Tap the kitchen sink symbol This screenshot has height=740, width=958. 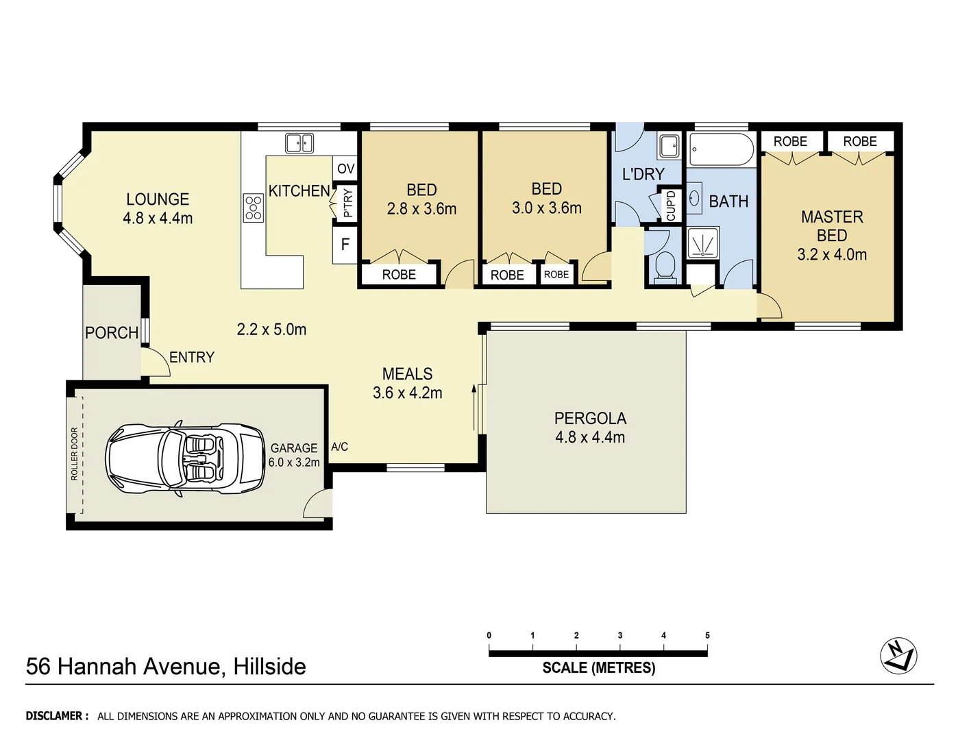(299, 143)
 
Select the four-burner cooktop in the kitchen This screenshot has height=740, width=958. (254, 208)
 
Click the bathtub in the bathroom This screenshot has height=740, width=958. (720, 149)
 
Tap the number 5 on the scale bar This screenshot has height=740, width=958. (707, 635)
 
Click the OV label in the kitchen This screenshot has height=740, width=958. (346, 169)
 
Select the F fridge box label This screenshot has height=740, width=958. (345, 245)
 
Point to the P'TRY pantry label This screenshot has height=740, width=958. (347, 203)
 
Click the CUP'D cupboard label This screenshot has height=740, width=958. (671, 205)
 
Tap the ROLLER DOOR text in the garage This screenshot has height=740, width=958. (75, 454)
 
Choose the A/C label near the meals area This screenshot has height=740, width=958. (339, 447)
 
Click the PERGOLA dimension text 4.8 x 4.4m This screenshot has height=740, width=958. (590, 437)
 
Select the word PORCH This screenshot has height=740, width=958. (112, 333)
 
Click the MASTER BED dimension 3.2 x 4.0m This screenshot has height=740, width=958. (831, 255)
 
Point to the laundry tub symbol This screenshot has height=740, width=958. (668, 146)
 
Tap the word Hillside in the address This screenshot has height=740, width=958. (269, 667)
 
